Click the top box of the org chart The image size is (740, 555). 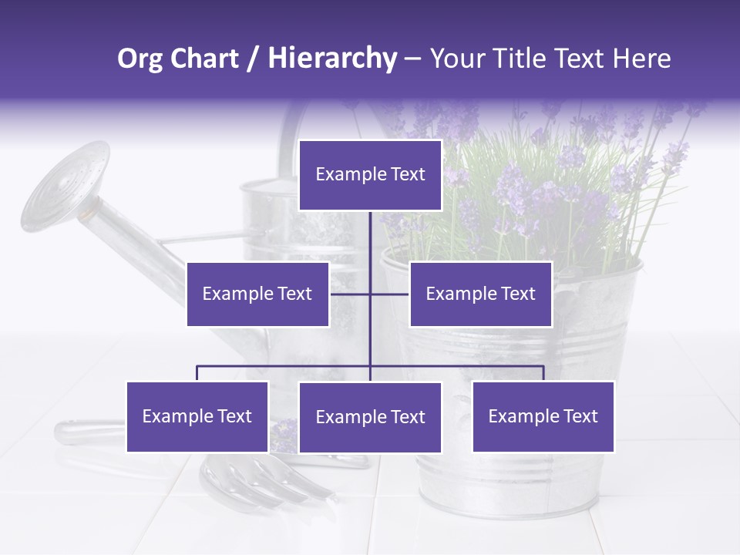(370, 175)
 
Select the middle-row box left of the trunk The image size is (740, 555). (257, 294)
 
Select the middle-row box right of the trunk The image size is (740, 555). (480, 294)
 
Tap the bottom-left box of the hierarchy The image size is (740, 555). (197, 416)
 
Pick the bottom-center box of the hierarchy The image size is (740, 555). (370, 417)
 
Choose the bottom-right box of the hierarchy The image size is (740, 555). (543, 416)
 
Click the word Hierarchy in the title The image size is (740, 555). (331, 59)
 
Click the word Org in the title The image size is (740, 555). (140, 59)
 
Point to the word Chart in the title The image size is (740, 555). (203, 59)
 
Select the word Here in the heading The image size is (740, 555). (641, 59)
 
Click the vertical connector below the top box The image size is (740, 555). (370, 239)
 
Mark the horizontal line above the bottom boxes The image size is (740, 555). (285, 366)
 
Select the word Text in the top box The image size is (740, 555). (404, 175)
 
